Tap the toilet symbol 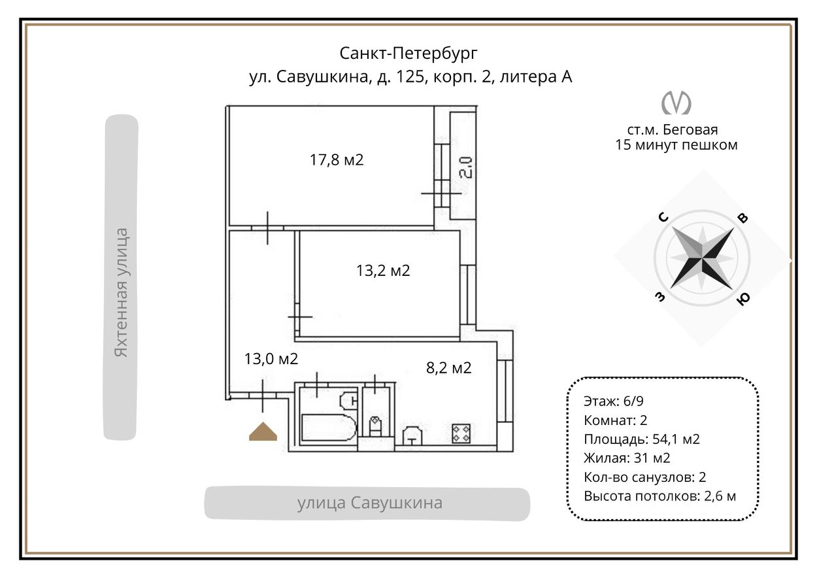(x=376, y=426)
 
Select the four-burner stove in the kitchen (x=461, y=432)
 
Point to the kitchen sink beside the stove (x=412, y=435)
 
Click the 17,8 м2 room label (x=336, y=160)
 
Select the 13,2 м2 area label (x=383, y=270)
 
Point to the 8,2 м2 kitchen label (x=448, y=368)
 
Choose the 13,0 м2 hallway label (x=271, y=358)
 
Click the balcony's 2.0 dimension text (x=465, y=166)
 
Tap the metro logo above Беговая (x=676, y=102)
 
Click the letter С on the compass (x=663, y=218)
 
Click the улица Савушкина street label (x=370, y=503)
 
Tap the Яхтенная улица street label (x=121, y=292)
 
